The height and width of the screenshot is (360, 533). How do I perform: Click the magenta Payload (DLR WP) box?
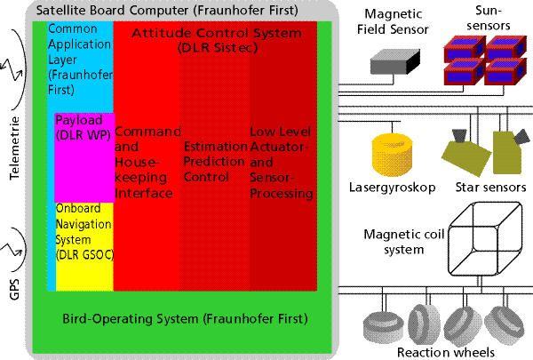[x=84, y=158]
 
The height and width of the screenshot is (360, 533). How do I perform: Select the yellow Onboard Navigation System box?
[x=84, y=247]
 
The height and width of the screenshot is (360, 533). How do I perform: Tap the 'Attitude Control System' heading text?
[x=217, y=33]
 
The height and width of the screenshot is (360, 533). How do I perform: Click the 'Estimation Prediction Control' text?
[x=215, y=162]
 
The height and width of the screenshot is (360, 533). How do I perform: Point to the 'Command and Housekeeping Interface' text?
[x=147, y=163]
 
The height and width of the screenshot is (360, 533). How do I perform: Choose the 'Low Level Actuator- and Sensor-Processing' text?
[x=282, y=163]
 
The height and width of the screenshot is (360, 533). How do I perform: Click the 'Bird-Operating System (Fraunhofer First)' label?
[x=186, y=319]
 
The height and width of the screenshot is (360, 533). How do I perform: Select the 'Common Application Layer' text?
[x=79, y=44]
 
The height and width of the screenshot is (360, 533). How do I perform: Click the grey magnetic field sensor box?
[x=395, y=62]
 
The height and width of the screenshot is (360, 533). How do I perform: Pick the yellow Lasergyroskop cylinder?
[x=393, y=155]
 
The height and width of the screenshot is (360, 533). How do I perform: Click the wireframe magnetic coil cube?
[x=485, y=239]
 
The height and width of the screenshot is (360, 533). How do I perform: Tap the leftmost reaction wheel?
[x=383, y=327]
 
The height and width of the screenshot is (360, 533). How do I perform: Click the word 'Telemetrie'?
[x=14, y=148]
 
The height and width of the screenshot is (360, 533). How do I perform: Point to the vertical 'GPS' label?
[x=14, y=290]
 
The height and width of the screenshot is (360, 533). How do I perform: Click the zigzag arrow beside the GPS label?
[x=12, y=250]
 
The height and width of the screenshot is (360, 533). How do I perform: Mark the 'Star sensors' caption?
[x=490, y=188]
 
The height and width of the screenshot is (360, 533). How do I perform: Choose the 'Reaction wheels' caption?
[x=446, y=352]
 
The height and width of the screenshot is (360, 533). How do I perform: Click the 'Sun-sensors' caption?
[x=488, y=18]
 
